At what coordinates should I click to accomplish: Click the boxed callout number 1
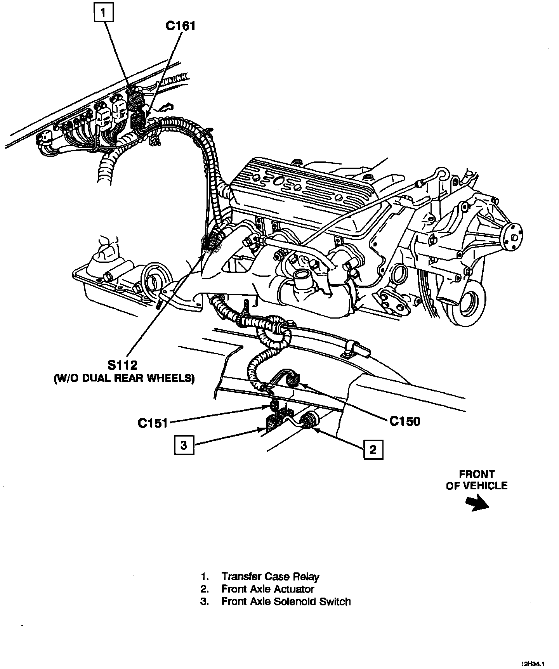[103, 13]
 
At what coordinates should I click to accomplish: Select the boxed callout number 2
[373, 449]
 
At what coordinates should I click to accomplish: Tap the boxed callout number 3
[184, 445]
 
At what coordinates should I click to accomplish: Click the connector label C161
[180, 26]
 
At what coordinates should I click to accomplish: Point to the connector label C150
[404, 421]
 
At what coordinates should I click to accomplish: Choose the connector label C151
[153, 423]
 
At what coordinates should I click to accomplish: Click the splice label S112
[123, 365]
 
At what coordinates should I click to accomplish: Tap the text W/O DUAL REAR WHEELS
[123, 378]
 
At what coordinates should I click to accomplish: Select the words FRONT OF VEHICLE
[477, 480]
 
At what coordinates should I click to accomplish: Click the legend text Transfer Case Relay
[270, 577]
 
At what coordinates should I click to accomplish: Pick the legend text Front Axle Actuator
[267, 589]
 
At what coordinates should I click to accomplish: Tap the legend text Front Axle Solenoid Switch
[286, 601]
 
